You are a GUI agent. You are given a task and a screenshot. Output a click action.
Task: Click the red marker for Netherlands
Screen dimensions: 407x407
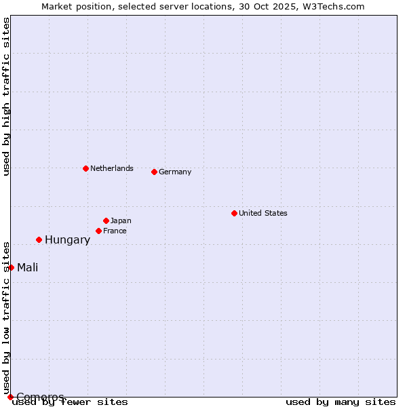pos(85,168)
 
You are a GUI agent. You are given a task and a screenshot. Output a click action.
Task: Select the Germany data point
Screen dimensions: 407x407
pos(154,172)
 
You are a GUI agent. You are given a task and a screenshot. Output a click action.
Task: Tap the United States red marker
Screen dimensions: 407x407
pos(234,213)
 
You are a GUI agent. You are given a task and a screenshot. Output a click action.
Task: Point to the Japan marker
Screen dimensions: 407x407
pos(106,220)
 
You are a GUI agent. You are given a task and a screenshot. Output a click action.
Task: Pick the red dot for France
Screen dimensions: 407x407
pos(98,231)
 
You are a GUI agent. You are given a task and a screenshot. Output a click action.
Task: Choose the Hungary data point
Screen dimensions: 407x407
pos(39,239)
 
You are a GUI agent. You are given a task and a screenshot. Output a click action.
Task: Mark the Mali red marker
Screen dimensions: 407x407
pos(11,267)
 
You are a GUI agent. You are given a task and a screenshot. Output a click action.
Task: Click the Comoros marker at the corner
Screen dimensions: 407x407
pos(10,397)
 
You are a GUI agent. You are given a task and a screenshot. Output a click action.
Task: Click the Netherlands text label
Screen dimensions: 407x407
pos(111,168)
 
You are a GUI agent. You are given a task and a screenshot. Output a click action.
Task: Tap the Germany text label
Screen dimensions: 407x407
pos(175,172)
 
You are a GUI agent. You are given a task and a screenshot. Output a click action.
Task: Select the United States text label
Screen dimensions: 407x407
pos(263,213)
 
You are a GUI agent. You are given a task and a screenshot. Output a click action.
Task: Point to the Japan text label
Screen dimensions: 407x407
pos(121,220)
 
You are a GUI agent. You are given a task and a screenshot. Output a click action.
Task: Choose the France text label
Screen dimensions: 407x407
pos(115,231)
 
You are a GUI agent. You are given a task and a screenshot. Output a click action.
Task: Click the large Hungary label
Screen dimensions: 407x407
pos(67,239)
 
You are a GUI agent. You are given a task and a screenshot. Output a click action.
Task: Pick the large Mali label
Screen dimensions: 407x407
pos(27,267)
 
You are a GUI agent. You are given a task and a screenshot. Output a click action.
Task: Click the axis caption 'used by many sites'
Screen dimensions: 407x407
pos(341,402)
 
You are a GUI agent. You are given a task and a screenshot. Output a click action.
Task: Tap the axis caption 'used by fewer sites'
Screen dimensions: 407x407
pos(70,402)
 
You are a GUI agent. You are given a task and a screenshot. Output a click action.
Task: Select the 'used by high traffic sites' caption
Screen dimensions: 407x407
pos(6,96)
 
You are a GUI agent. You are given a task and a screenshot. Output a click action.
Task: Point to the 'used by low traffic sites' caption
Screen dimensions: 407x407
pos(6,317)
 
